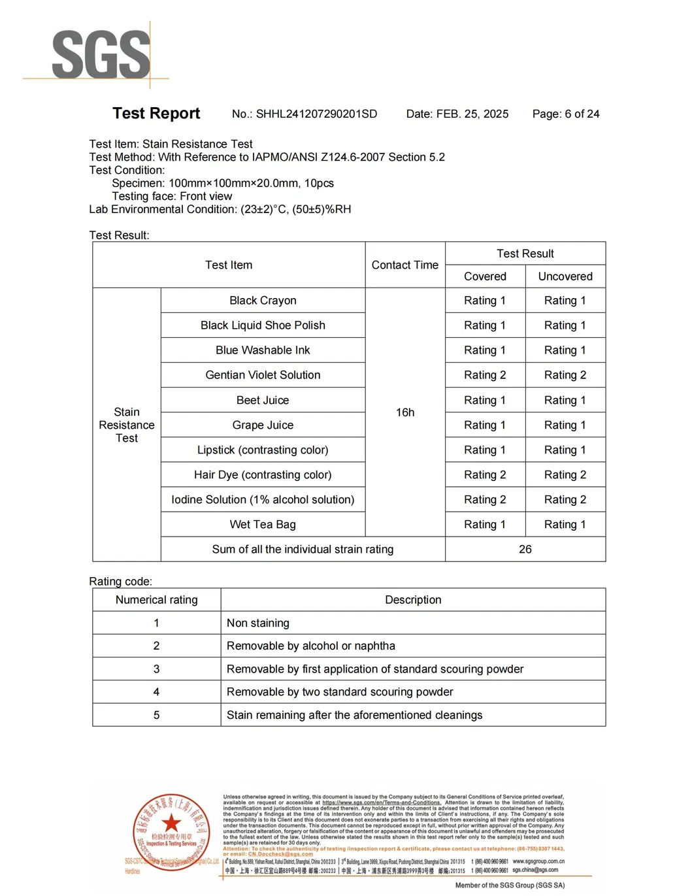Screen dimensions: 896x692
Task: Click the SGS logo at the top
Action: click(101, 55)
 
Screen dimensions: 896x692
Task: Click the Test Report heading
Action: click(156, 114)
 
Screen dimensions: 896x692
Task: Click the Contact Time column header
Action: click(404, 265)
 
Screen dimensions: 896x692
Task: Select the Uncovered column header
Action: click(565, 276)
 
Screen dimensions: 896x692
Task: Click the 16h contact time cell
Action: click(404, 412)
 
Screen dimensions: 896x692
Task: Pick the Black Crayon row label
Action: click(263, 301)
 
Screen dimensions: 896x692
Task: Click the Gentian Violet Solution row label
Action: click(263, 375)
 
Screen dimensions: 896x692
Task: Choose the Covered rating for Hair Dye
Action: click(485, 475)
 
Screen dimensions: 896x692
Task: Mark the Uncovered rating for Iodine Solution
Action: click(565, 500)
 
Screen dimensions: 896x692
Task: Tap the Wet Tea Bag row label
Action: click(263, 525)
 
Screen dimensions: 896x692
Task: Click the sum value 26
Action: click(525, 550)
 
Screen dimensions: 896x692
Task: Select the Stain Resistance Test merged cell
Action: click(127, 425)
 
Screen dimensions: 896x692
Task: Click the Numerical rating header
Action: click(156, 600)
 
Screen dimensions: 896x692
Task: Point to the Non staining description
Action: click(258, 623)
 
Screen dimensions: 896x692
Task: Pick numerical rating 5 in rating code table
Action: click(156, 715)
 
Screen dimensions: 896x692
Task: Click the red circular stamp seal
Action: click(171, 832)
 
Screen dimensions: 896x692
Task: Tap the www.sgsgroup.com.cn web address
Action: click(538, 861)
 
